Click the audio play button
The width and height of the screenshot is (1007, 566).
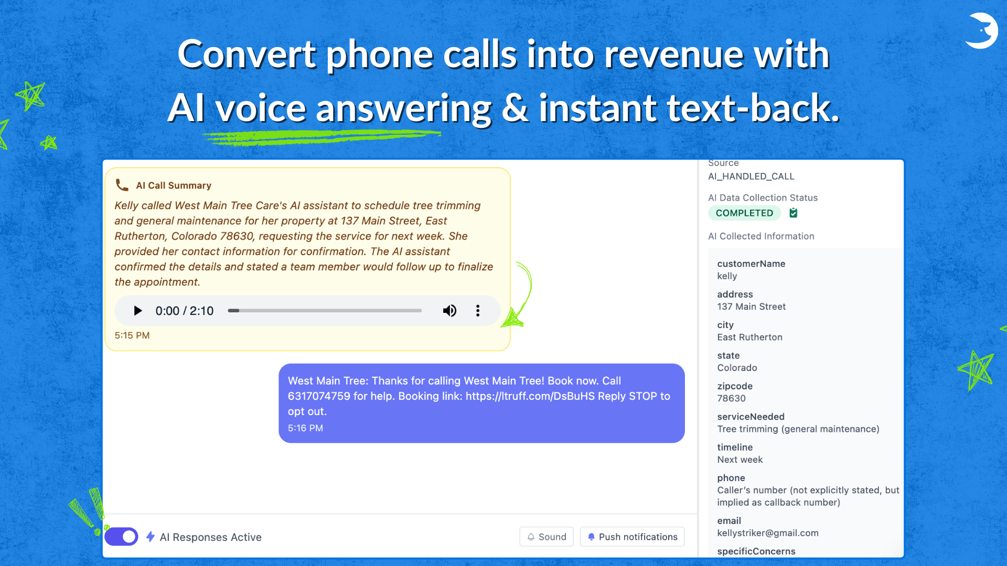pyautogui.click(x=138, y=311)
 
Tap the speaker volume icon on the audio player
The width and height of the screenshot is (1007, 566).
pyautogui.click(x=449, y=311)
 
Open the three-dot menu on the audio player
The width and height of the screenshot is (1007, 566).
pyautogui.click(x=478, y=311)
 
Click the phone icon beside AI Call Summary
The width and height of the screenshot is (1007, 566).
pyautogui.click(x=122, y=185)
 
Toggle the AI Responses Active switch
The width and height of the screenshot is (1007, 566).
pyautogui.click(x=121, y=537)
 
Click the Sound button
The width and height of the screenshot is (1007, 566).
pyautogui.click(x=547, y=537)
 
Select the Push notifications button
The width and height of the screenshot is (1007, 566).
pyautogui.click(x=633, y=537)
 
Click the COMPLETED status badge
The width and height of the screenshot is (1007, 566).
pyautogui.click(x=744, y=213)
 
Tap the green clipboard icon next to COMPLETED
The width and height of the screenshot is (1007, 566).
pyautogui.click(x=794, y=212)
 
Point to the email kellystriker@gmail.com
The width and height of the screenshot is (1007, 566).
pyautogui.click(x=768, y=533)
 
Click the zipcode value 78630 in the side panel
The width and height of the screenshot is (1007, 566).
pyautogui.click(x=731, y=398)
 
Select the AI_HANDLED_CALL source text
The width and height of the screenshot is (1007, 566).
pyautogui.click(x=751, y=177)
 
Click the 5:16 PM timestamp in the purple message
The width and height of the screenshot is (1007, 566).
pyautogui.click(x=305, y=428)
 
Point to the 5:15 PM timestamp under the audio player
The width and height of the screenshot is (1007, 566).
pyautogui.click(x=132, y=335)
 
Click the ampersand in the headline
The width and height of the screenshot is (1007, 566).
pyautogui.click(x=515, y=108)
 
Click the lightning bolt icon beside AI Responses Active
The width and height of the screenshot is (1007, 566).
pyautogui.click(x=151, y=537)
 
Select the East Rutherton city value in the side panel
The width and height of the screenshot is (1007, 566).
pyautogui.click(x=749, y=337)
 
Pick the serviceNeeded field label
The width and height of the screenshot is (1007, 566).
pyautogui.click(x=751, y=417)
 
